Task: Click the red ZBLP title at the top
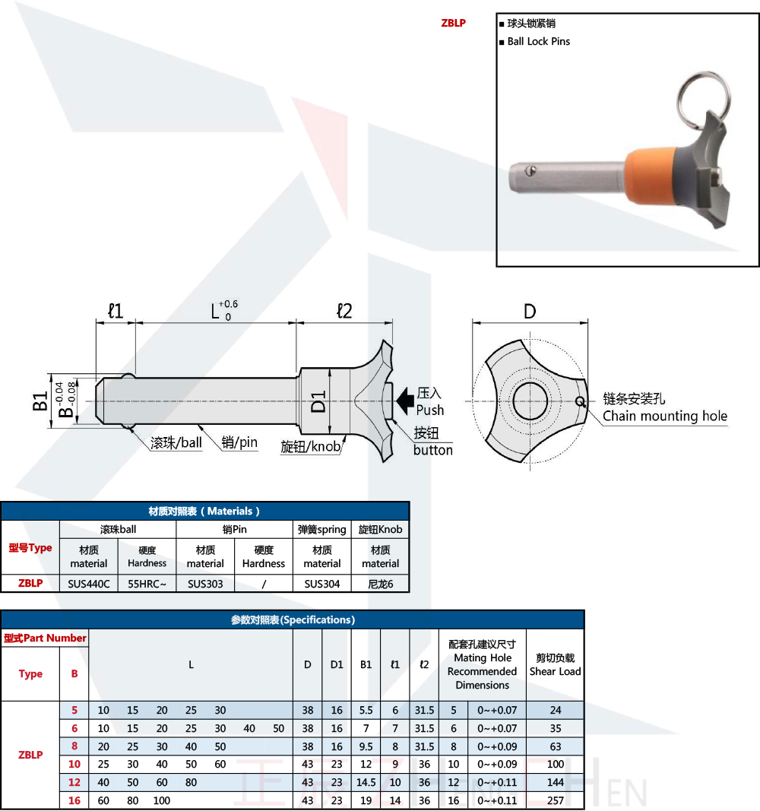point(454,23)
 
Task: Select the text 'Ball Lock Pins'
point(539,41)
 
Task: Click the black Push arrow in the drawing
point(405,401)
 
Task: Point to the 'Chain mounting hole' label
point(665,416)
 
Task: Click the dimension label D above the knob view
point(530,312)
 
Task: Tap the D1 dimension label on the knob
point(318,401)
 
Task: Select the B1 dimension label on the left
point(40,401)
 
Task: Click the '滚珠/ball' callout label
point(176,442)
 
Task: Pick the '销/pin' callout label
point(239,442)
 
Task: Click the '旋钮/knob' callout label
point(311,446)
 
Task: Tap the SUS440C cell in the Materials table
point(89,584)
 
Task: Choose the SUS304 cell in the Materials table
point(322,584)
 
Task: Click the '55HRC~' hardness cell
point(147,584)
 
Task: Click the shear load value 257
point(556,800)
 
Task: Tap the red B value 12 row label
point(74,782)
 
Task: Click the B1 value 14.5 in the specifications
point(366,782)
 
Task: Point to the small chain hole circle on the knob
point(580,401)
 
